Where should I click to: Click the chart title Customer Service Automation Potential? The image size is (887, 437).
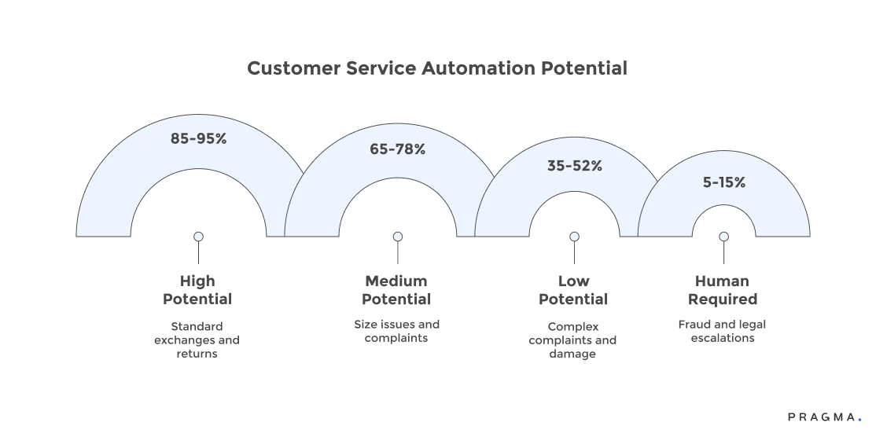436,68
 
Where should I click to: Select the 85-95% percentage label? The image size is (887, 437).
198,138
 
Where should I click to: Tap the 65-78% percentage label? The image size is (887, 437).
397,149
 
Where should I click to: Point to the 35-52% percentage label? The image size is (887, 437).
574,166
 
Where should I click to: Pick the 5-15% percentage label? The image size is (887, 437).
723,182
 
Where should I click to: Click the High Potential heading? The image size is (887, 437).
197,290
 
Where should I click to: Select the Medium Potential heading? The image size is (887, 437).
396,290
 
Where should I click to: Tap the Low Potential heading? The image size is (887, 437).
573,290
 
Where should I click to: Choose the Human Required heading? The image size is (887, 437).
723,290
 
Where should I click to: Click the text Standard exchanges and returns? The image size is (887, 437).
197,340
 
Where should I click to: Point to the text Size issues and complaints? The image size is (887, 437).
396,331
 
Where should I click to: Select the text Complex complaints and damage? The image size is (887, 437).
573,340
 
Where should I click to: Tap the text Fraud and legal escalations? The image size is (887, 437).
723,331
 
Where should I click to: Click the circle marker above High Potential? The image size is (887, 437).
198,237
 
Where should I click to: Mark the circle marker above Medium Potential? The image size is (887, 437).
398,237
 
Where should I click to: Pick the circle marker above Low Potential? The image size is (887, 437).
574,237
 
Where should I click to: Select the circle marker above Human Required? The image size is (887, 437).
723,237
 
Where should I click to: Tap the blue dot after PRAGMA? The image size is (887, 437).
859,421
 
